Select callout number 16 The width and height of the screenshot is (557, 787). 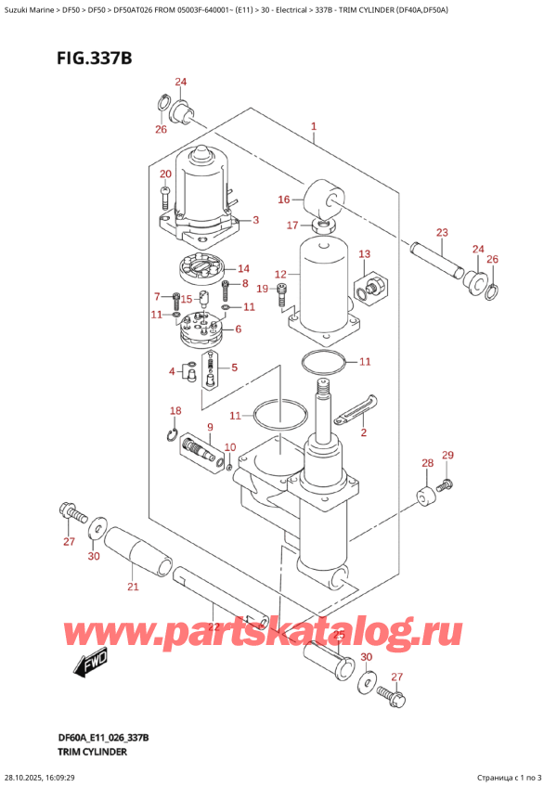coord(283,198)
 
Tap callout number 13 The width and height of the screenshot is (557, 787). coord(364,254)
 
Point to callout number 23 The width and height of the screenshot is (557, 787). coord(442,232)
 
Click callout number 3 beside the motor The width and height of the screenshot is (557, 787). coord(255,220)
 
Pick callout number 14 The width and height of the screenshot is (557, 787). coord(243,269)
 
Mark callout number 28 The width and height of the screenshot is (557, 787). coord(427,463)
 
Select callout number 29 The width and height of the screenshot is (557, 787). coord(447,455)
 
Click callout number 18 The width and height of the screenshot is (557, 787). coord(175,410)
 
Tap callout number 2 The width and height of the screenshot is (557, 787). coord(363,432)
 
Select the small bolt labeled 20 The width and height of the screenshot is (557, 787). coord(165,197)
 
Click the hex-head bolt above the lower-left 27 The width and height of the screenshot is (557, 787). coord(70,510)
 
